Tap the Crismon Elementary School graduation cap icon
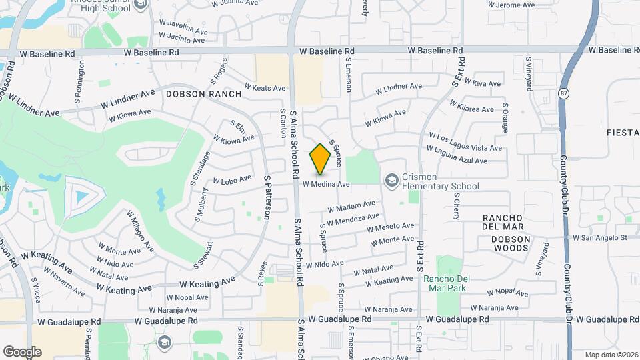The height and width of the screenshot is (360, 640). click(x=391, y=181)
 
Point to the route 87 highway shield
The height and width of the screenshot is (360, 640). click(x=564, y=93)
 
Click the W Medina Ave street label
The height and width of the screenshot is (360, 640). click(x=326, y=184)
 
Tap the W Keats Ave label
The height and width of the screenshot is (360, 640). click(x=265, y=88)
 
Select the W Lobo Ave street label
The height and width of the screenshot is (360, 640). click(x=232, y=179)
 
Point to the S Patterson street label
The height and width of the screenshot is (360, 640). click(x=268, y=197)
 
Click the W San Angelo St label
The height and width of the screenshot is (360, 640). click(x=600, y=237)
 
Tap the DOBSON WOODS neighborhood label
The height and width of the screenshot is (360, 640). click(x=511, y=244)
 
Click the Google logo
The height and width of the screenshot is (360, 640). click(x=22, y=351)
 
